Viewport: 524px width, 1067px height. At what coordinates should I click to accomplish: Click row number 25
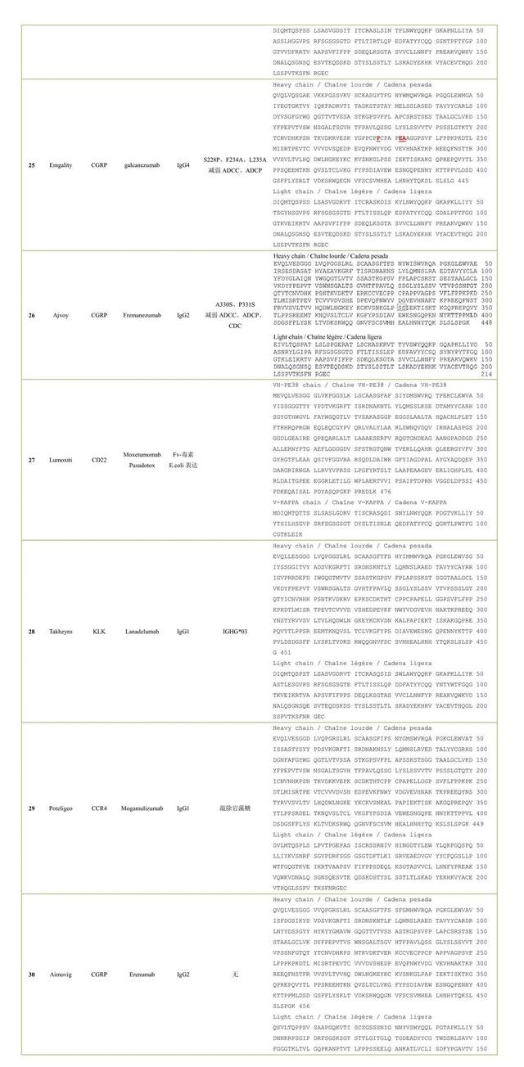[31, 164]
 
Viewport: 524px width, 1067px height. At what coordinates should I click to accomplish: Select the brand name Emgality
[61, 164]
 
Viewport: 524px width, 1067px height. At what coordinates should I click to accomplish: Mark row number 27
[31, 460]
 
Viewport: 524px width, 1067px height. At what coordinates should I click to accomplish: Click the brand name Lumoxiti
[61, 460]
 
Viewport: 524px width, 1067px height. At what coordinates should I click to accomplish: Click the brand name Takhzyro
[61, 631]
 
